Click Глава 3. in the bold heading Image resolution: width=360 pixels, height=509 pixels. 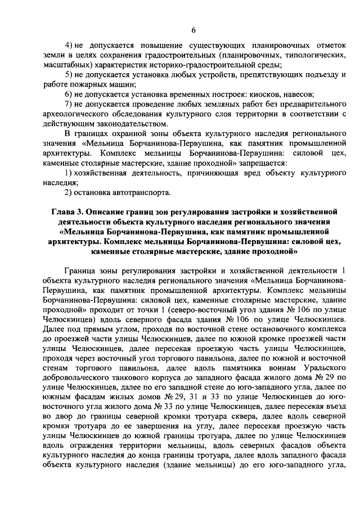65,212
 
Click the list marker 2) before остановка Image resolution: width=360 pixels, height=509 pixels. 69,192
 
